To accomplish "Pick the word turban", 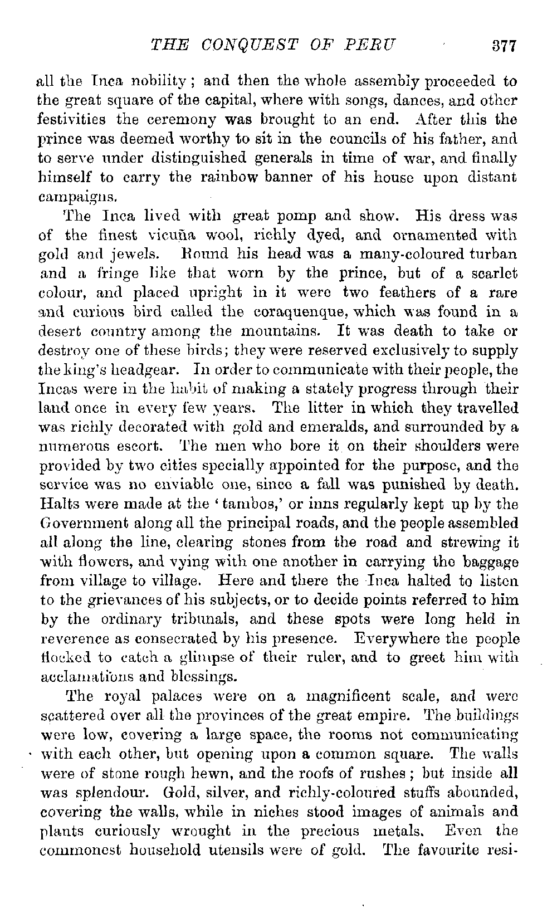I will pyautogui.click(x=493, y=254).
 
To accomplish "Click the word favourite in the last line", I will pyautogui.click(x=441, y=850).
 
